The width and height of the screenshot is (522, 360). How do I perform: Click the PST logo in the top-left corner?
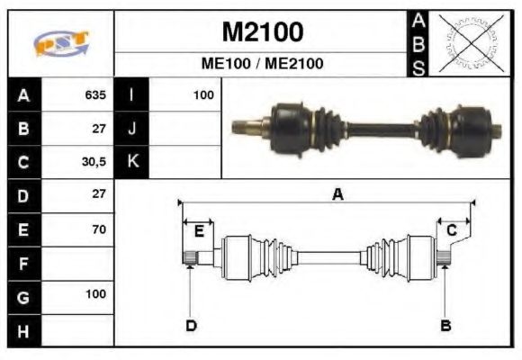pyautogui.click(x=60, y=43)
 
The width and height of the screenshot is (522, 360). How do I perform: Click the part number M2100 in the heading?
pyautogui.click(x=262, y=33)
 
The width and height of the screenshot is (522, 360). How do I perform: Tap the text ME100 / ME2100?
pyautogui.click(x=262, y=65)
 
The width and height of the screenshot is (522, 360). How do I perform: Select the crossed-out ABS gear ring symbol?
pyautogui.click(x=467, y=43)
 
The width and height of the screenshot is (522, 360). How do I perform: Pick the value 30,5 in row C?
pyautogui.click(x=94, y=162)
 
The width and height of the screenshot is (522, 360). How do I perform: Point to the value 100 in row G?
pyautogui.click(x=95, y=294)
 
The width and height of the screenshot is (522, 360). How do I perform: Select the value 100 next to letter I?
pyautogui.click(x=202, y=94)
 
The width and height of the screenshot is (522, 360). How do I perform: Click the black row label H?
pyautogui.click(x=23, y=330)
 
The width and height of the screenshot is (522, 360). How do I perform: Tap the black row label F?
pyautogui.click(x=23, y=264)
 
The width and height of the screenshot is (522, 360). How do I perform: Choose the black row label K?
pyautogui.click(x=131, y=162)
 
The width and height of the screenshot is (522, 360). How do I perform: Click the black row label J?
pyautogui.click(x=131, y=128)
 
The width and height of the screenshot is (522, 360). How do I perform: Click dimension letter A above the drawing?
pyautogui.click(x=337, y=193)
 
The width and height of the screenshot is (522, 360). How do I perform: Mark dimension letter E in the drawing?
pyautogui.click(x=199, y=230)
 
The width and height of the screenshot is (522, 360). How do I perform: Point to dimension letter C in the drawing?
pyautogui.click(x=453, y=231)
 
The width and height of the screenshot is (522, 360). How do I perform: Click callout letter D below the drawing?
pyautogui.click(x=191, y=326)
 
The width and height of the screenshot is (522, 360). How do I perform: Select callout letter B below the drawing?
pyautogui.click(x=445, y=326)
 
